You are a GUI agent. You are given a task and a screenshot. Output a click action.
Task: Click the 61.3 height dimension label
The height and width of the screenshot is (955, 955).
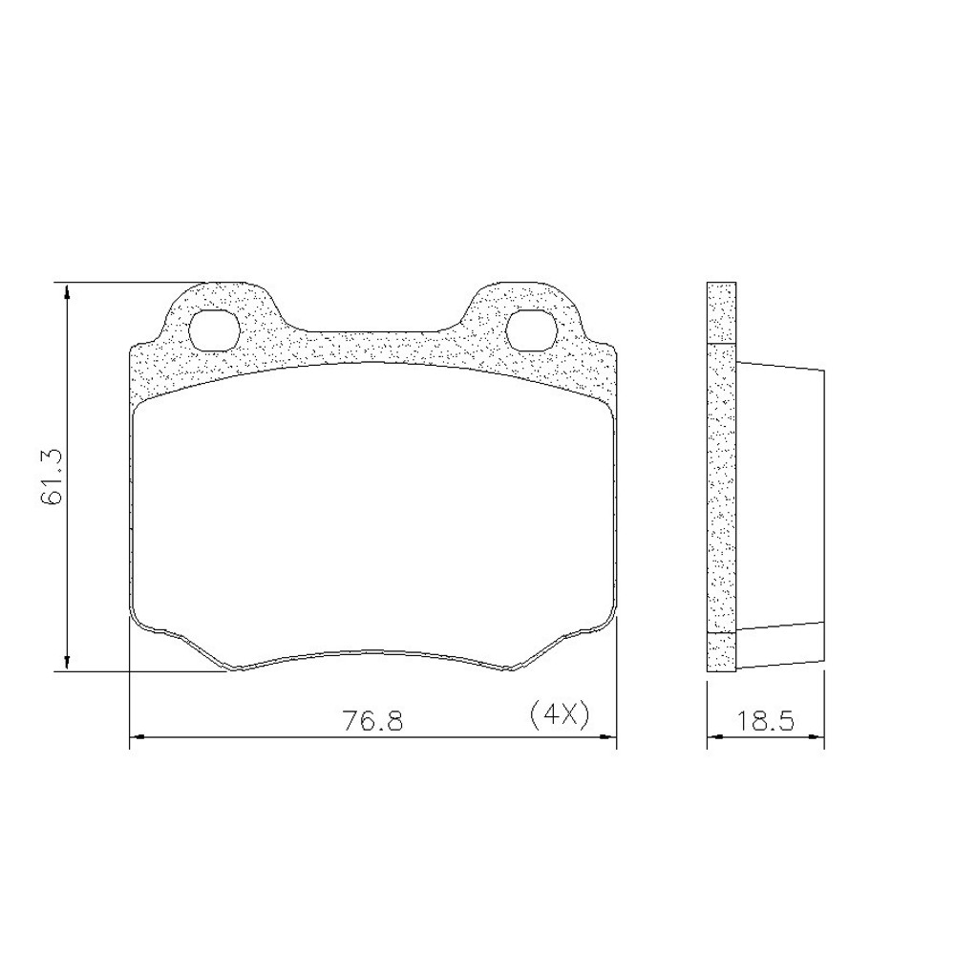tap(53, 477)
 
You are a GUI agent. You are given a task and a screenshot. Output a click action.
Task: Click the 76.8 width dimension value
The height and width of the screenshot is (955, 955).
tap(373, 721)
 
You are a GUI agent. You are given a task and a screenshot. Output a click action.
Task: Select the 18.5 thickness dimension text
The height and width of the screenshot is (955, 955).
tap(766, 721)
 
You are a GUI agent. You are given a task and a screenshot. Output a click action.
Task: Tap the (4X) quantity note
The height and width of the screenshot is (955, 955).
tap(560, 715)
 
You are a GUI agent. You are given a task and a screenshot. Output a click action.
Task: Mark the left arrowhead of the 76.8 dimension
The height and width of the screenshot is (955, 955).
tap(138, 737)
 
